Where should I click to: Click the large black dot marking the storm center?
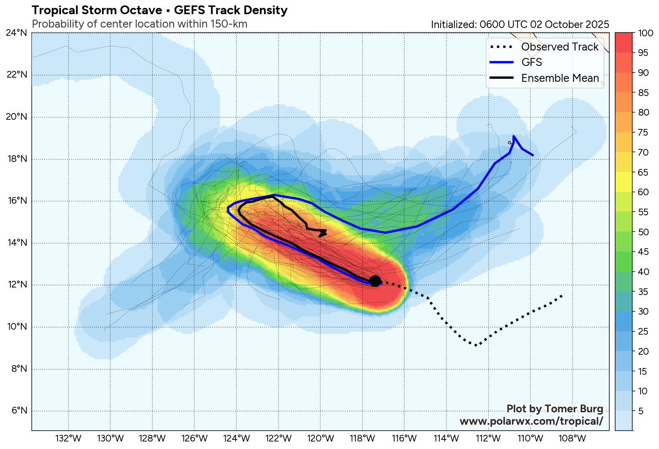click(375, 281)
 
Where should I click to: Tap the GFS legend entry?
click(531, 62)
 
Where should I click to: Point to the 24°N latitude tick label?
click(17, 33)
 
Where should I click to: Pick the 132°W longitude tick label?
click(68, 439)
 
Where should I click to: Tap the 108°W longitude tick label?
click(573, 439)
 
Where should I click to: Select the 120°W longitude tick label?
click(320, 439)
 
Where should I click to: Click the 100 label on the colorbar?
click(646, 33)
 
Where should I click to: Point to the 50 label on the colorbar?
click(644, 232)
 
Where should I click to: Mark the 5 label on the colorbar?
click(641, 411)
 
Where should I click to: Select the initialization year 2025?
click(597, 24)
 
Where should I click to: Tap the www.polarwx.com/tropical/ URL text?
click(531, 421)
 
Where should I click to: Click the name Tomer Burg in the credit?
click(574, 409)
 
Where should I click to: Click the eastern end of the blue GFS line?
click(533, 156)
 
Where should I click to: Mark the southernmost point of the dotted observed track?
click(476, 345)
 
